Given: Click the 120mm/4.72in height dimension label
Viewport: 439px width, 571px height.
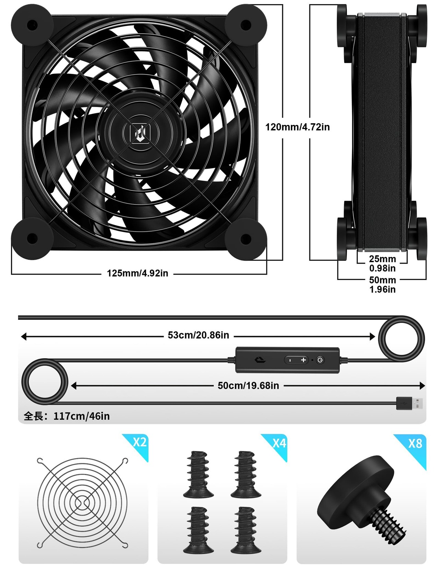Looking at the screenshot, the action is (297, 127).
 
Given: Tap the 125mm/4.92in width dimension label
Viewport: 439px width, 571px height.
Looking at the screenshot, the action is (138, 273).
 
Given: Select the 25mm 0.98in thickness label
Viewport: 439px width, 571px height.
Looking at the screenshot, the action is (382, 264).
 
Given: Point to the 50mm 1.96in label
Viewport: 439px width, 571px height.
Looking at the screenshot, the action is (382, 285).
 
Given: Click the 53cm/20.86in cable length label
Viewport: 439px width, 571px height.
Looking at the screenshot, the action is (198, 335).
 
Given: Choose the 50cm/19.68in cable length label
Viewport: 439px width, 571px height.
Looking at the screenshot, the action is (248, 385).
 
